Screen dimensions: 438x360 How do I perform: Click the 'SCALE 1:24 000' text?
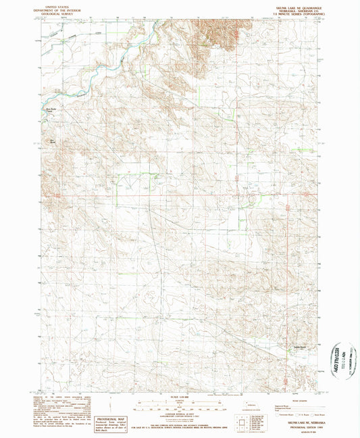click(x=180, y=396)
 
